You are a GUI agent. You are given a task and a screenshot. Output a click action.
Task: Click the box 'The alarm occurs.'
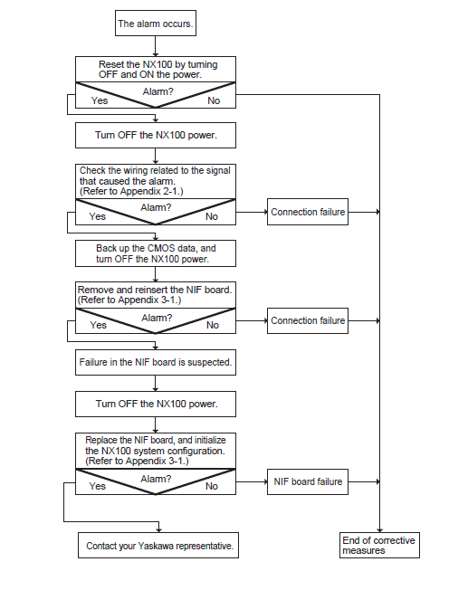(x=156, y=24)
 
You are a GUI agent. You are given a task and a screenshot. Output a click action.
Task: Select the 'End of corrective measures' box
(x=379, y=546)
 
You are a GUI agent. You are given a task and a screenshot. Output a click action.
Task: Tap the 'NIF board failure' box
(x=308, y=481)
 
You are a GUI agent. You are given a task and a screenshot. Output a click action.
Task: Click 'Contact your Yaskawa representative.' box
(x=158, y=546)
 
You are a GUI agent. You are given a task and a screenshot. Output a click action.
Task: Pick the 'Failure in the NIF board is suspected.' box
(x=156, y=362)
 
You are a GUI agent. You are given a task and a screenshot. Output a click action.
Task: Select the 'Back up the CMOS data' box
(x=156, y=253)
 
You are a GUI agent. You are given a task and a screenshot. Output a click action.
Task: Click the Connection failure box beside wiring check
(x=308, y=212)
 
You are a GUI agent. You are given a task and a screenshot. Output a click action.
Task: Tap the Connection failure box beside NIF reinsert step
(x=308, y=320)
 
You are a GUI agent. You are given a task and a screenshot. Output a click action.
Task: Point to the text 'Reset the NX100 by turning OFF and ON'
(x=158, y=70)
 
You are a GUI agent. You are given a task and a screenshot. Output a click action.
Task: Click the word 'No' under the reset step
(x=214, y=100)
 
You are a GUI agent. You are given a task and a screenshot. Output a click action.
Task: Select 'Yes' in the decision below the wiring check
(x=97, y=216)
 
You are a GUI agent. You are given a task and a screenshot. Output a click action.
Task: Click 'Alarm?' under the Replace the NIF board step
(x=156, y=479)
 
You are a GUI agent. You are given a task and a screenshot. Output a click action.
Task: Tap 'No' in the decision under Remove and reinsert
(x=213, y=325)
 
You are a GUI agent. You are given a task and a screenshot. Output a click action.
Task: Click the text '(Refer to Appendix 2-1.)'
(x=131, y=191)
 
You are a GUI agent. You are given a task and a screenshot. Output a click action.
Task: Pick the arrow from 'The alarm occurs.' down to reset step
(x=156, y=46)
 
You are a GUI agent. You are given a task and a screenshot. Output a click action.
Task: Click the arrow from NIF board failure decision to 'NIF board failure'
(x=252, y=481)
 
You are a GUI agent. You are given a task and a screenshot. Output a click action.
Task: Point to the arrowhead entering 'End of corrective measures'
(x=379, y=530)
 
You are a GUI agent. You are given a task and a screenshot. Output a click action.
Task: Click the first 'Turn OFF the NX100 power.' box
(x=156, y=135)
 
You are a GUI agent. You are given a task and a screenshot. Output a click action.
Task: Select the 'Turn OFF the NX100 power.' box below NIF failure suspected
(x=156, y=405)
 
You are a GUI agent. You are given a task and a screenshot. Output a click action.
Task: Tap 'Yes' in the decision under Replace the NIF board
(x=97, y=486)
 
